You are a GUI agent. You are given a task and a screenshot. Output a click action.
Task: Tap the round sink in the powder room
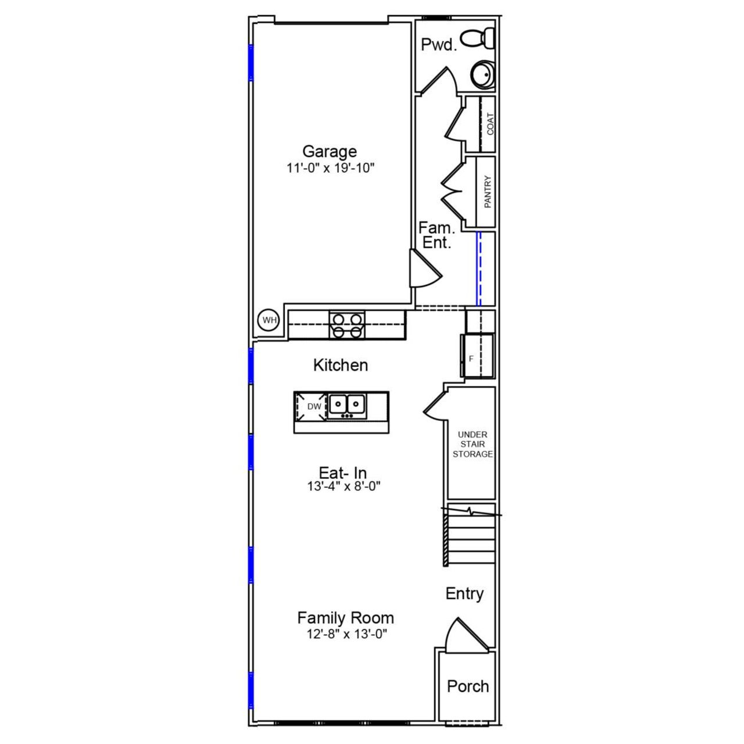coord(482,74)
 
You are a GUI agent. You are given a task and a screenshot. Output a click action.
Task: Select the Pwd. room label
coord(439,45)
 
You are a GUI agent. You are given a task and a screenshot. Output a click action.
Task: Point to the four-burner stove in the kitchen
coord(347,324)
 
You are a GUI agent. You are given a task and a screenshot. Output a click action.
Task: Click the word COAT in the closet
coord(490,124)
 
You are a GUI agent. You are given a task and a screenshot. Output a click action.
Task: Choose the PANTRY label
coord(488,192)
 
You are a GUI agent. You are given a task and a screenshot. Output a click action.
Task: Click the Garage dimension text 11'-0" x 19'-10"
coord(329,168)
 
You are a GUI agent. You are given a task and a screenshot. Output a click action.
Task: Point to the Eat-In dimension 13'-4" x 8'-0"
coord(343,487)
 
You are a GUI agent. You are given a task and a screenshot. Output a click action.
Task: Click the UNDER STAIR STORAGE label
coord(473,444)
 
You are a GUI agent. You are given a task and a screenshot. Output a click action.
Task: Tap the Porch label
coord(467,686)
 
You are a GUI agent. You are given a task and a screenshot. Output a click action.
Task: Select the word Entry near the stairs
coord(464,593)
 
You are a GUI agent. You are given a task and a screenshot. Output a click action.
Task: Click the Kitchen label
coord(340,365)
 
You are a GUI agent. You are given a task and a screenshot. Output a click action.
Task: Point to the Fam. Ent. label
coord(437,235)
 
